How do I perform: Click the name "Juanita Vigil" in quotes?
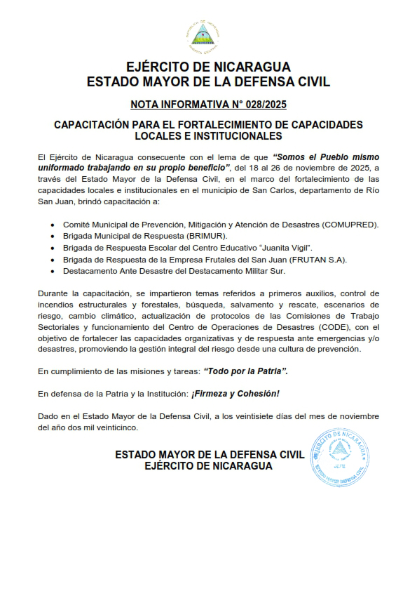click(286, 248)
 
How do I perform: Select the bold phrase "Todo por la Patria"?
click(245, 370)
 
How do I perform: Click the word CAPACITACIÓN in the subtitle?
click(95, 124)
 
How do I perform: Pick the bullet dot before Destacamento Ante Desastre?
click(53, 270)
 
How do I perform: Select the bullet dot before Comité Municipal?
click(53, 225)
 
